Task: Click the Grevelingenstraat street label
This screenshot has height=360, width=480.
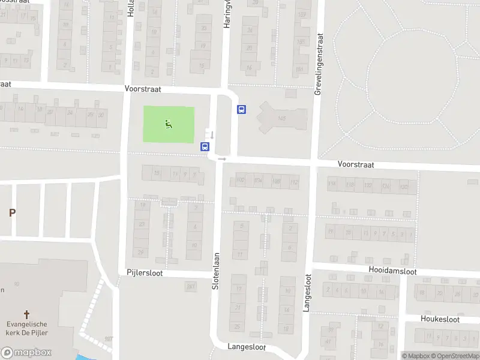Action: point(319,64)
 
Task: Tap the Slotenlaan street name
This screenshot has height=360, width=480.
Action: point(215,269)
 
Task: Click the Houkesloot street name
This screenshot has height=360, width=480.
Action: point(440,319)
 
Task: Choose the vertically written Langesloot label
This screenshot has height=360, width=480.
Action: point(308,293)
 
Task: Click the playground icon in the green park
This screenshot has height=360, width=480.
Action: point(169,124)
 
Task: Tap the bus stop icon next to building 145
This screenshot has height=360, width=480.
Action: point(241,109)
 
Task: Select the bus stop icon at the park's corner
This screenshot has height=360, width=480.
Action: point(205,146)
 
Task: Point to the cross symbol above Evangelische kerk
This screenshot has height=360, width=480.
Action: point(26,314)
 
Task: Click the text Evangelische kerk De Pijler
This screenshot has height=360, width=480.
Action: point(26,328)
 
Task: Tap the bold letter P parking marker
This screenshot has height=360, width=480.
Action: point(12,212)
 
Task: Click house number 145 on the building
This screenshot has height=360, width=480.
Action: point(281,119)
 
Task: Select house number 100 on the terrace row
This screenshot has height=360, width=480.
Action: point(241,180)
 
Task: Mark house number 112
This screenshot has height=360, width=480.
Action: point(293,182)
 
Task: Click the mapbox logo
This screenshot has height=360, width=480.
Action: point(26,353)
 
